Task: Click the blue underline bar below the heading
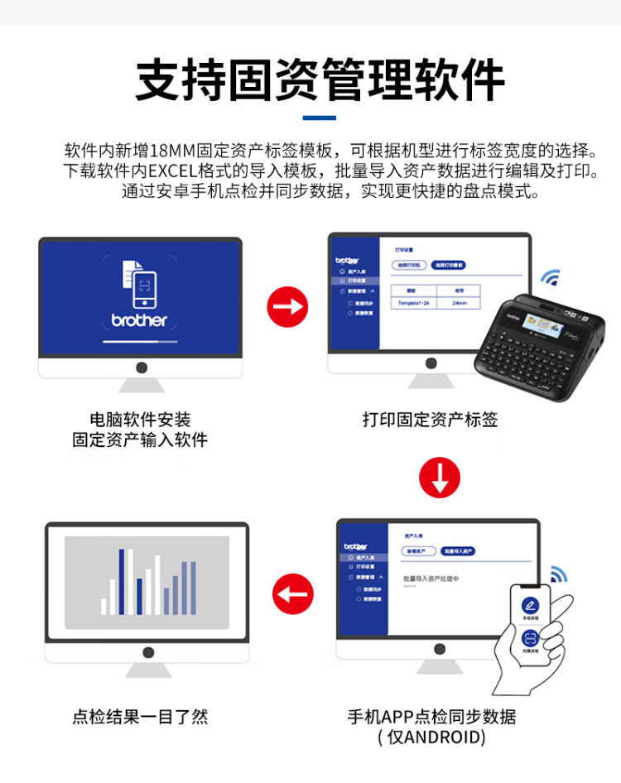pyautogui.click(x=319, y=118)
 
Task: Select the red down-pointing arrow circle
pyautogui.click(x=439, y=477)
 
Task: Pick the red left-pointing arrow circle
pyautogui.click(x=293, y=593)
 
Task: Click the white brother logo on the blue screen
pyautogui.click(x=139, y=319)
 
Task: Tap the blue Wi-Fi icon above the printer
pyautogui.click(x=550, y=276)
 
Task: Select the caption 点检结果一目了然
pyautogui.click(x=140, y=717)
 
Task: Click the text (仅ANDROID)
pyautogui.click(x=431, y=737)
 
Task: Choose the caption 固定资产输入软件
pyautogui.click(x=140, y=440)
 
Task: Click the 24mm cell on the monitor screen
pyautogui.click(x=460, y=304)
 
